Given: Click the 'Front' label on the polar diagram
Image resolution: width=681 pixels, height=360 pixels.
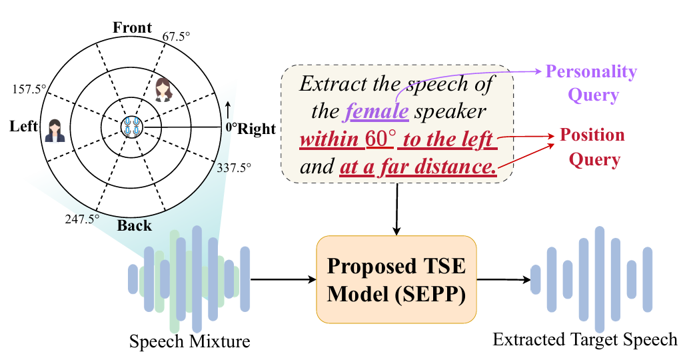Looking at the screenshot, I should (x=133, y=28).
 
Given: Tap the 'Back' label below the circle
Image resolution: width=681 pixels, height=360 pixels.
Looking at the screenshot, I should (x=135, y=225).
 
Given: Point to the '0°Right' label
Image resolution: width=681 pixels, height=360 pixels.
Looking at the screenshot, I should (x=251, y=128).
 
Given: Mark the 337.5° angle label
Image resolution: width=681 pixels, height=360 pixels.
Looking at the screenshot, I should (x=235, y=167).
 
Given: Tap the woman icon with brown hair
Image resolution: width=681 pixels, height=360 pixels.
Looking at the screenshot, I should (x=163, y=89).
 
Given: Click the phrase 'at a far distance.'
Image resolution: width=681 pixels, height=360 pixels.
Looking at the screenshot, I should (x=418, y=167).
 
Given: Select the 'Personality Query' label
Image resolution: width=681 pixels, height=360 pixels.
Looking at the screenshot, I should (x=592, y=83).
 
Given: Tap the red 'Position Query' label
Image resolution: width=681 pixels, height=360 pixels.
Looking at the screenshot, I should (x=592, y=147).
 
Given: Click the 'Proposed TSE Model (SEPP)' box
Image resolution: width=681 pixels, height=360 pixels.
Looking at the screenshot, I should (x=396, y=279).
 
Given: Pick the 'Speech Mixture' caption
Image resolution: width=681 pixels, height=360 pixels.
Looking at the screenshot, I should (x=190, y=342).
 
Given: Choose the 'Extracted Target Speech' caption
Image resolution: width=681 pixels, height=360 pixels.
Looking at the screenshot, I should (x=585, y=339).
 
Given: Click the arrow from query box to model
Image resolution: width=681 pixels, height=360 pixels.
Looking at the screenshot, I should (x=397, y=210).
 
